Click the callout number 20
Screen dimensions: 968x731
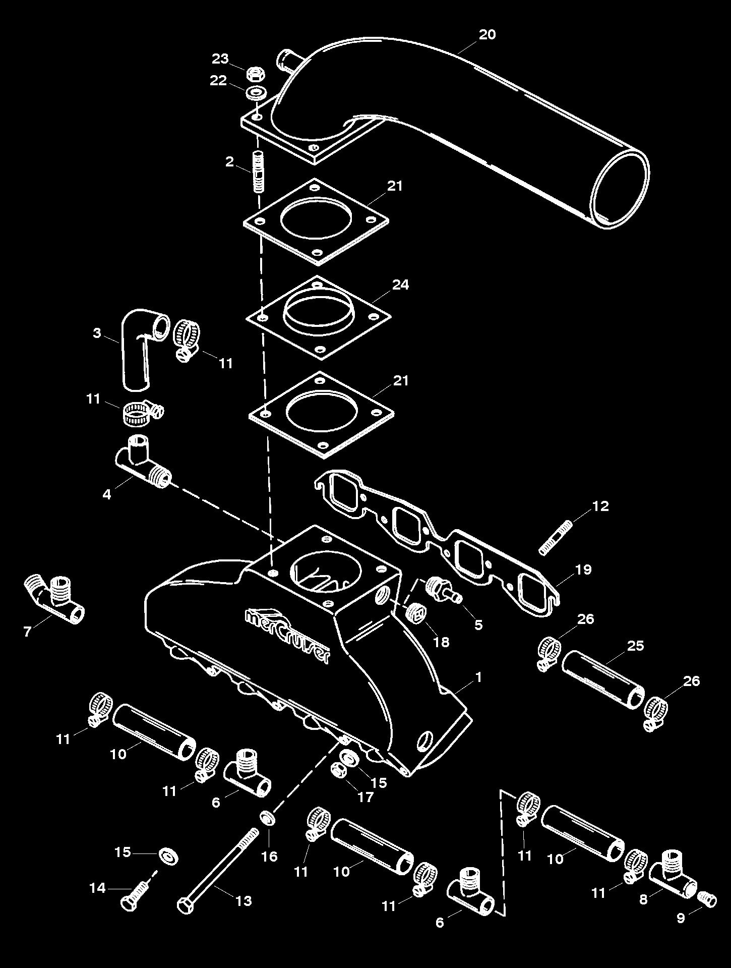pyautogui.click(x=487, y=34)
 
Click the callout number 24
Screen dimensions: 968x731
pyautogui.click(x=400, y=284)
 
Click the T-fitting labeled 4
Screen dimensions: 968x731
pyautogui.click(x=142, y=462)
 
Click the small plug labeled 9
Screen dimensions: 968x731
pyautogui.click(x=708, y=899)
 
